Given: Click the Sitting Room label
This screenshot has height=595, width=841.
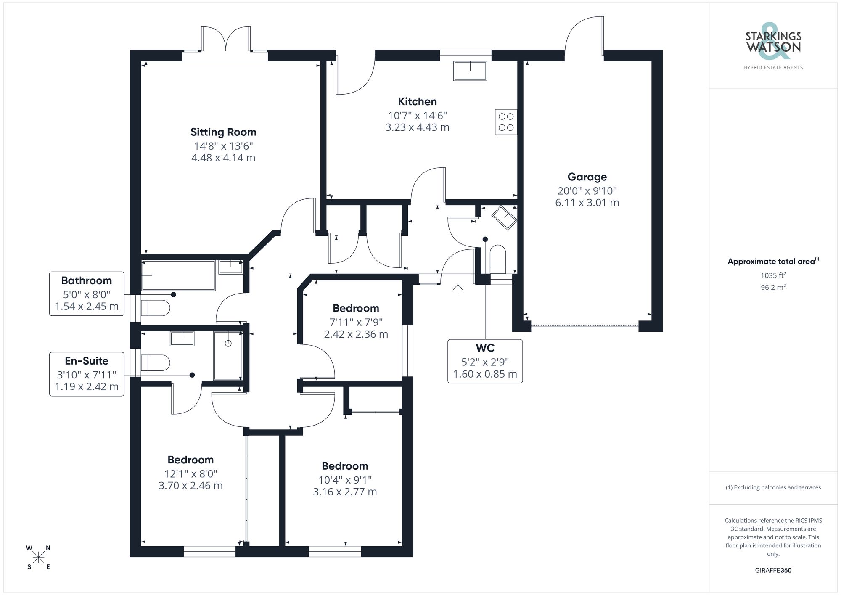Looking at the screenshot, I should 223,132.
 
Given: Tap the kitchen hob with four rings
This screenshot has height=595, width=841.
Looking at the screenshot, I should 506,122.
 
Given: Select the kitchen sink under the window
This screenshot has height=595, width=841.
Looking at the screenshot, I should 470,71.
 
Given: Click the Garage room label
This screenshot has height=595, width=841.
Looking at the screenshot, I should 587,177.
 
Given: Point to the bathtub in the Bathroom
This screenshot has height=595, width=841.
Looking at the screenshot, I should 178,275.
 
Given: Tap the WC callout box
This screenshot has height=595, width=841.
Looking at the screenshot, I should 485,361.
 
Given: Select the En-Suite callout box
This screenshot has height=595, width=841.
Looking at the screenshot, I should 87,374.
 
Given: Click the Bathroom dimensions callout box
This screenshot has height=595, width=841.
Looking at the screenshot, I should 87,294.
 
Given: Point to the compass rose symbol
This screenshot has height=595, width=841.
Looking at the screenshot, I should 39,558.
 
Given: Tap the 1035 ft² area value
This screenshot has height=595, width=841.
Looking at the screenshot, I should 773,275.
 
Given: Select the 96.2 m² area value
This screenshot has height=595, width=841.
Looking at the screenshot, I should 773,288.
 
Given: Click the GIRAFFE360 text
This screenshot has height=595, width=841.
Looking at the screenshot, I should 773,571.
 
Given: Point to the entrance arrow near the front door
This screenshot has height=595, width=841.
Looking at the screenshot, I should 458,288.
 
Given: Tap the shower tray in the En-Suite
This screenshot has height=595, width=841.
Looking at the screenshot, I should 228,356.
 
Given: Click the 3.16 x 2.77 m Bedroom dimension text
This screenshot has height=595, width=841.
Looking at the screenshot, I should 345,492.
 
